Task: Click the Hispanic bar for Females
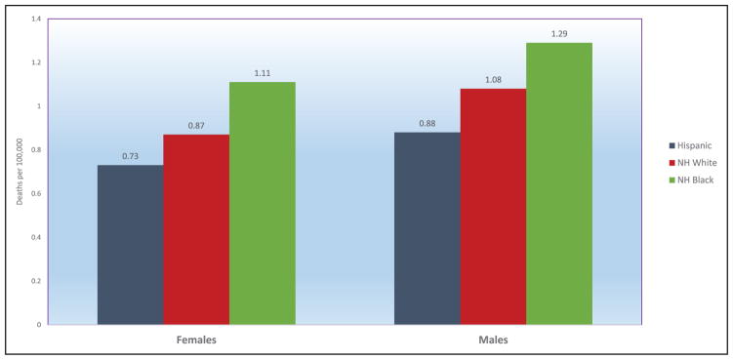(x=131, y=245)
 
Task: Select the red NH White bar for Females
(x=196, y=229)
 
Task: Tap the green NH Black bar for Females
(x=263, y=203)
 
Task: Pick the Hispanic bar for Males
(x=428, y=228)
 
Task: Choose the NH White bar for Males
(x=493, y=207)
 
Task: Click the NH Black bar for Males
(x=559, y=183)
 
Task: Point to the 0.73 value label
(x=131, y=157)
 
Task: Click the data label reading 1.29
(x=559, y=34)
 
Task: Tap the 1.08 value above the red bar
(x=493, y=80)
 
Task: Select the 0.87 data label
(x=196, y=126)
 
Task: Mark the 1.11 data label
(x=263, y=73)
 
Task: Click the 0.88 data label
(x=428, y=124)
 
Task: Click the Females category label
(x=196, y=340)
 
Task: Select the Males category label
(x=493, y=340)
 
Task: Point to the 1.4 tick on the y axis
(x=36, y=20)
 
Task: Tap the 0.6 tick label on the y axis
(x=36, y=193)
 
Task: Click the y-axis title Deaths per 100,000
(x=20, y=172)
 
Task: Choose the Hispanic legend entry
(x=691, y=145)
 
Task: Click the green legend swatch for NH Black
(x=672, y=180)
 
